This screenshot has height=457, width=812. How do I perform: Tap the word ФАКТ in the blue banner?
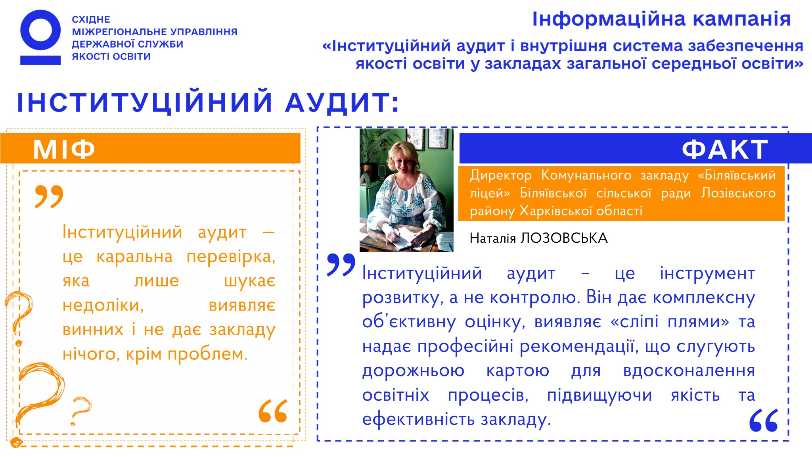[x=725, y=150]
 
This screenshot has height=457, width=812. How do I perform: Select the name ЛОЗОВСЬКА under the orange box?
[x=564, y=238]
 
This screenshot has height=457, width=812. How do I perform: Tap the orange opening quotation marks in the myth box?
[x=49, y=196]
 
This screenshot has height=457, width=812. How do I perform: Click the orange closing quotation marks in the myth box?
[x=273, y=411]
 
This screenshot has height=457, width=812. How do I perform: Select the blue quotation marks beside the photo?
[x=341, y=265]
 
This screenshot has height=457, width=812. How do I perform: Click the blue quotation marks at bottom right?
[x=764, y=420]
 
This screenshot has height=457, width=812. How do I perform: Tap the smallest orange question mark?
[x=80, y=411]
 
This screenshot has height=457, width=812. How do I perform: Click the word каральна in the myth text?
[x=135, y=257]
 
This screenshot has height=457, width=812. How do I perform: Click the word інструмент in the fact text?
[x=707, y=273]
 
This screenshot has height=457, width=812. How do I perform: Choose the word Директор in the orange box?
[x=501, y=175]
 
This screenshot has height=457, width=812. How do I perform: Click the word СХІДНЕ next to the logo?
[x=91, y=19]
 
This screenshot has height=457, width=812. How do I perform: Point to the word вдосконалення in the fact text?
[x=689, y=371]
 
